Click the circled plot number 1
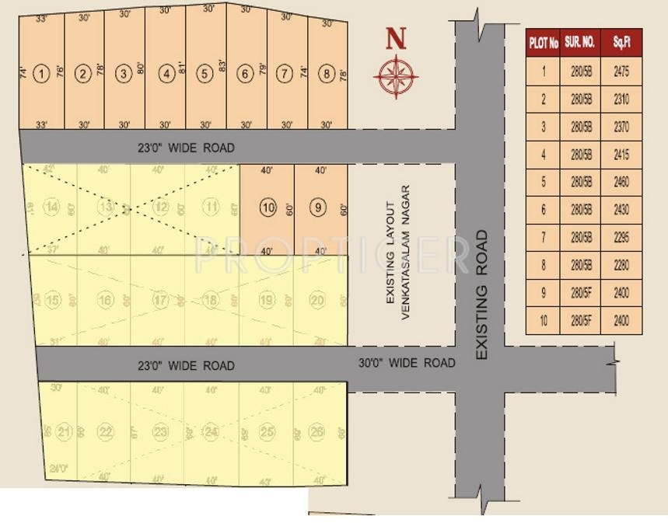42,74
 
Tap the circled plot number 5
205,75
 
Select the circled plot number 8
326,75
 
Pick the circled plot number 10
268,207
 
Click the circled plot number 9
318,207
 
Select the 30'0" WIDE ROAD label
406,363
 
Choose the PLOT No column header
544,44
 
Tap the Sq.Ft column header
621,43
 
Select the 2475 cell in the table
621,71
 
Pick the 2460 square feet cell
621,183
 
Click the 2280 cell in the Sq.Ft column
621,265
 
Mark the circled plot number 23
160,432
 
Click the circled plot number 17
160,301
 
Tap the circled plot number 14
52,207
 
